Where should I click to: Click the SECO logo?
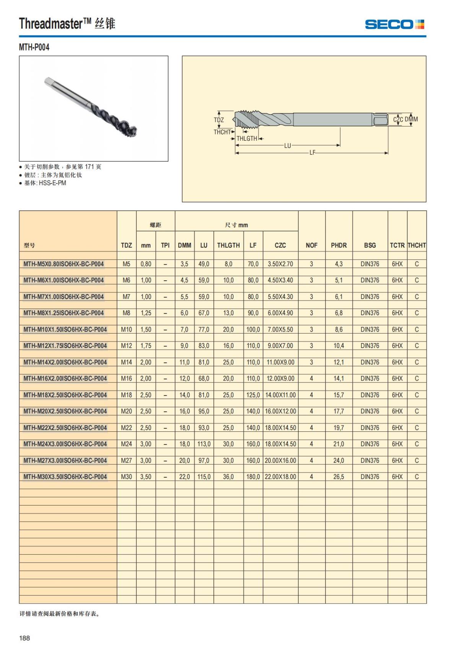[x=394, y=24]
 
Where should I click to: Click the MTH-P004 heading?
[x=34, y=47]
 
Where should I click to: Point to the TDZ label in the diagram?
[x=219, y=120]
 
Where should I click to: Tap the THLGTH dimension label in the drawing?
[x=247, y=138]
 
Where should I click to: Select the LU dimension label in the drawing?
[x=287, y=146]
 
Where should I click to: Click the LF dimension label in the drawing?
[x=312, y=153]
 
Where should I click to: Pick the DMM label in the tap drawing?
[x=412, y=119]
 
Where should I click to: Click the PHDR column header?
[x=339, y=245]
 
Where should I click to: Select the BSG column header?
[x=369, y=245]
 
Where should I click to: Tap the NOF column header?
[x=311, y=245]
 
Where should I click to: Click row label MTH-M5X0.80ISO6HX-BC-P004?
[x=63, y=264]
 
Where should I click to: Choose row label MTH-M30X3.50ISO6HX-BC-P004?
[x=65, y=477]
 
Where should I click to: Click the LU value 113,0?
[x=204, y=444]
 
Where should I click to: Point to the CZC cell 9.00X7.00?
[x=280, y=346]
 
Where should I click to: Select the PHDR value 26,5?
[x=339, y=477]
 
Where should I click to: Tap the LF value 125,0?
[x=253, y=395]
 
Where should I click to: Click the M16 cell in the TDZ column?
[x=126, y=379]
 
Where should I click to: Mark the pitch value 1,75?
[x=146, y=346]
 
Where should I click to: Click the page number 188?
[x=24, y=638]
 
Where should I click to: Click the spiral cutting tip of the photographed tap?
[x=128, y=128]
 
